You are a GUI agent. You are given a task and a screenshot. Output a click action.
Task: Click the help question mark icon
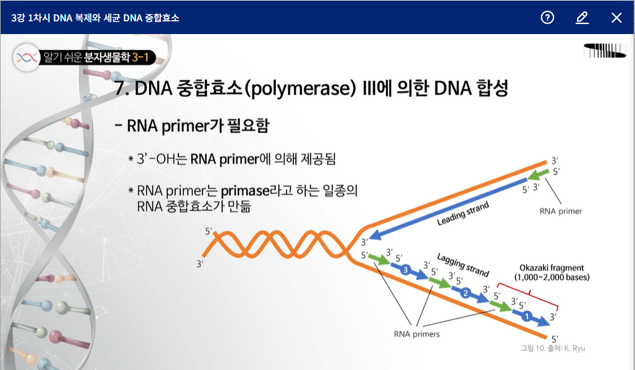tap(547, 17)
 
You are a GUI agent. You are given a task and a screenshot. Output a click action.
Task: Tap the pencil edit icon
tap(582, 17)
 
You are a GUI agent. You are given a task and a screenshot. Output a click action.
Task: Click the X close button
tap(616, 17)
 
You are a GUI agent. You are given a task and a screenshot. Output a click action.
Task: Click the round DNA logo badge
tap(27, 57)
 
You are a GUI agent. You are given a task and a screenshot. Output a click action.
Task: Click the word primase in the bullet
tap(245, 190)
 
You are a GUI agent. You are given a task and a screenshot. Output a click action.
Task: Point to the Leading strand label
tap(463, 214)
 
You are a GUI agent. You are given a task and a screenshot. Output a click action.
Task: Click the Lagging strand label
tap(463, 264)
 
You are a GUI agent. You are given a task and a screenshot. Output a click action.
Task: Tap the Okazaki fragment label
tap(552, 267)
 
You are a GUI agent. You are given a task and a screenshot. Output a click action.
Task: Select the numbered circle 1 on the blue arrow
tap(526, 316)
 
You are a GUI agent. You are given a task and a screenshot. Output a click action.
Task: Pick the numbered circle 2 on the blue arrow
tap(465, 293)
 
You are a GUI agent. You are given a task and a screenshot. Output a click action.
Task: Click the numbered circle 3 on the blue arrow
tap(405, 270)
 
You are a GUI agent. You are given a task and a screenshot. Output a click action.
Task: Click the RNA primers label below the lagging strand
tap(417, 334)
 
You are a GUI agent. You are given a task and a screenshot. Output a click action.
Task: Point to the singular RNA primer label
tap(561, 211)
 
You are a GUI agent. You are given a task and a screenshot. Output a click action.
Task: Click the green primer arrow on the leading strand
tap(539, 175)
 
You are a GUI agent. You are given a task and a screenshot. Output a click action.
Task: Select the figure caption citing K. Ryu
tap(553, 348)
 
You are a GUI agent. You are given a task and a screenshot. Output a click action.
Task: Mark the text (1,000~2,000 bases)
tap(552, 278)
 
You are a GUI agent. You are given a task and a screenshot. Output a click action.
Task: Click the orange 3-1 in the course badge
tap(140, 57)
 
